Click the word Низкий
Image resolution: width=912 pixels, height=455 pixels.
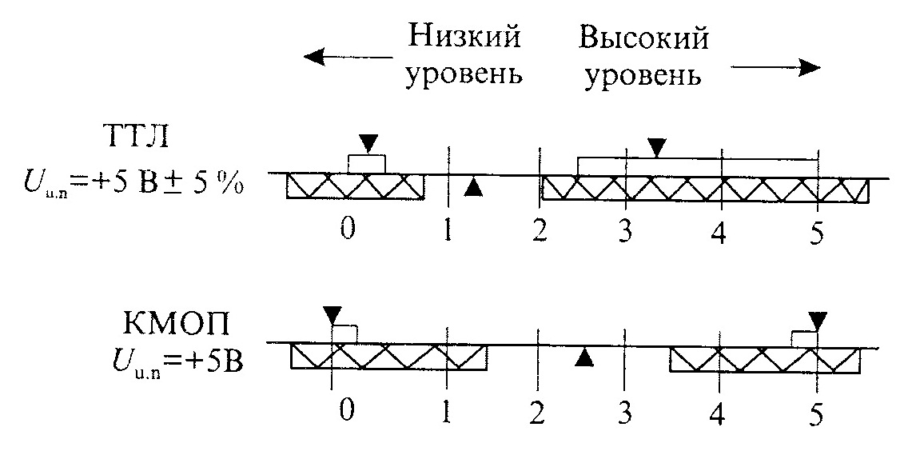464,38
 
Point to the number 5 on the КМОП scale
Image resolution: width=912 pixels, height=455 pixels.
815,413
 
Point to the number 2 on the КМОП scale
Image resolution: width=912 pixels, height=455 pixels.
537,413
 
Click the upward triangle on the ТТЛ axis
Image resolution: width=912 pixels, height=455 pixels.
473,187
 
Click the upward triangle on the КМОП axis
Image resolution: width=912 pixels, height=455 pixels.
586,358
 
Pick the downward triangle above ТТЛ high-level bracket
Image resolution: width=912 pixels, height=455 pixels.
656,146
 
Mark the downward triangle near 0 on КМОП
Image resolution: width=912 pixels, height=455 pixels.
332,316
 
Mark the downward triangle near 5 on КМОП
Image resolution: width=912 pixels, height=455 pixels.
817,319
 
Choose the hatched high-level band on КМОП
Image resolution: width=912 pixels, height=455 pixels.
764,360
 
